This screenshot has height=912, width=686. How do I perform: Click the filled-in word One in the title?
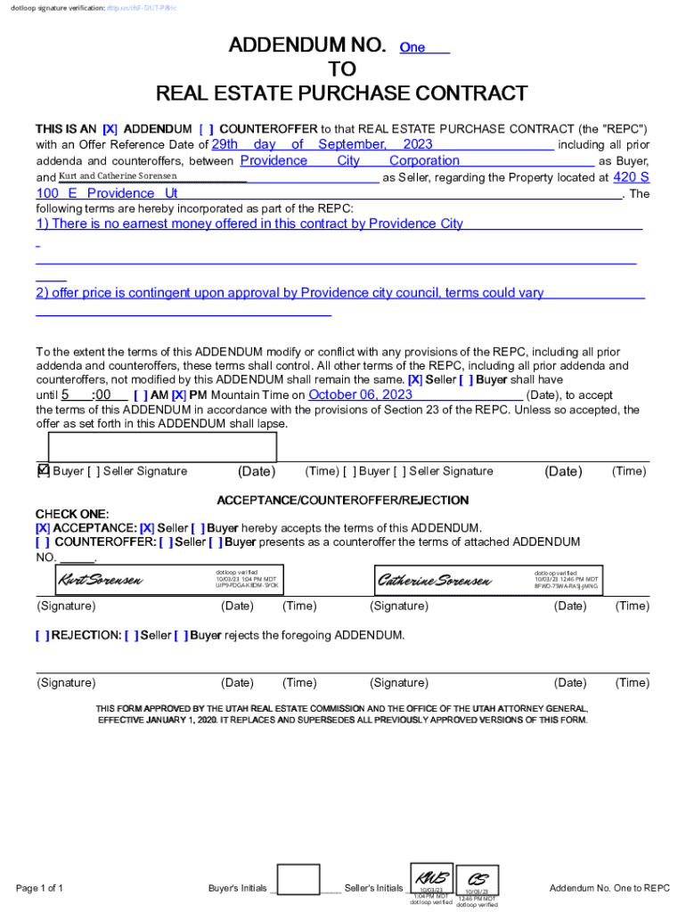[x=412, y=47]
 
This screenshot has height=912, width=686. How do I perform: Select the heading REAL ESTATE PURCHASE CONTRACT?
[x=342, y=94]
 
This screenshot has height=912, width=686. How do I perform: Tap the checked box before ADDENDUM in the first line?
[x=110, y=128]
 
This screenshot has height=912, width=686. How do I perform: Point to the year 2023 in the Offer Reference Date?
[x=418, y=144]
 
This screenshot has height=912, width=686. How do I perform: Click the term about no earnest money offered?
[x=249, y=224]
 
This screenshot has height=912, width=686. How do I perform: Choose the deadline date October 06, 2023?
[x=360, y=395]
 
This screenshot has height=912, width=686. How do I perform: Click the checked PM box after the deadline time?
[x=179, y=395]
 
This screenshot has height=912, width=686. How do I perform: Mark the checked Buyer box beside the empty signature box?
[x=43, y=470]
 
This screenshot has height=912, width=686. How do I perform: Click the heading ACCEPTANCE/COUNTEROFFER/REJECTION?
[x=343, y=501]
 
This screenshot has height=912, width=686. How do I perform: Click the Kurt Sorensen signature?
[x=100, y=582]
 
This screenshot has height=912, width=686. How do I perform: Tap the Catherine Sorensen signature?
[x=434, y=582]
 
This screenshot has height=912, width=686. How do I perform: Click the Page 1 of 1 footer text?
[x=40, y=888]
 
